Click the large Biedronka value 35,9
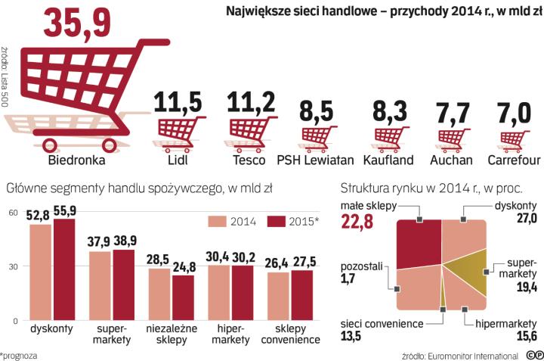[83, 23]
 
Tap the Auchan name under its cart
[451, 160]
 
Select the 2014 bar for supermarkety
[100, 285]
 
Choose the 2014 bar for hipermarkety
[219, 292]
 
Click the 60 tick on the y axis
[12, 213]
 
